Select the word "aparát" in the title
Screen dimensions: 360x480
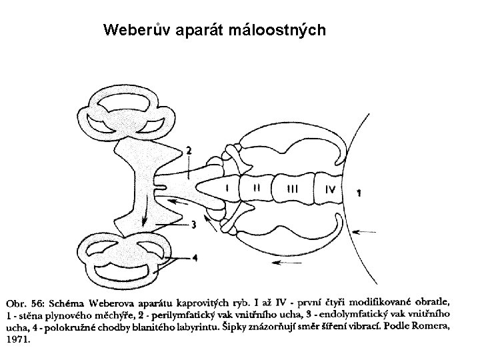[x=197, y=31]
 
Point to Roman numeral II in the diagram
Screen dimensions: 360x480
[x=257, y=189]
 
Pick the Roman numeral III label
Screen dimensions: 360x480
[x=293, y=189]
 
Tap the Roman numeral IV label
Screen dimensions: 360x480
[x=329, y=189]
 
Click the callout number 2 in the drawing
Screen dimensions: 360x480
[x=189, y=151]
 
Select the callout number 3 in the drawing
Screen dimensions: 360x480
[x=193, y=225]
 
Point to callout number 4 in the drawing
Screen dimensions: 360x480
[x=195, y=258]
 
